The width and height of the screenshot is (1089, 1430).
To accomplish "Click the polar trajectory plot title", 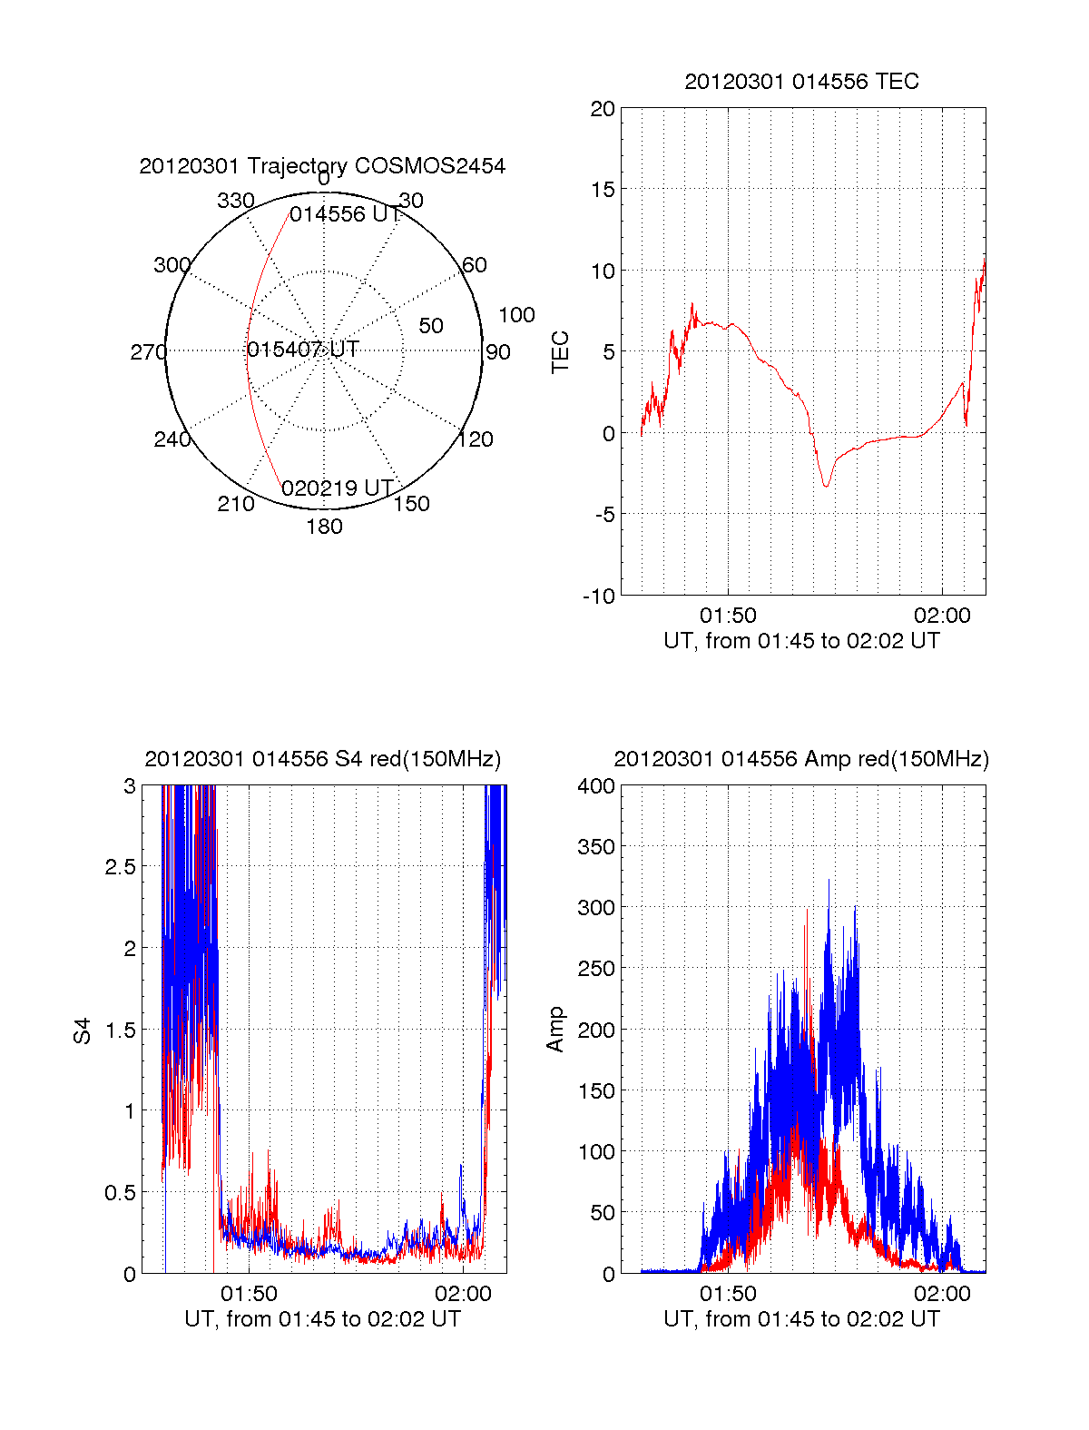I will pos(322,166).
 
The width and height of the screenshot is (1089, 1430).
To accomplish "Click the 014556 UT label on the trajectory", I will pos(345,214).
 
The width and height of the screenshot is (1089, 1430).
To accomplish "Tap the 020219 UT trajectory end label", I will pos(337,488).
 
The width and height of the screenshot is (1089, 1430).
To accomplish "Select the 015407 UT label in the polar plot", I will pos(303,350).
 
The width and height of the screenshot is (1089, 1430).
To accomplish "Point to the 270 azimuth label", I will pos(148,352).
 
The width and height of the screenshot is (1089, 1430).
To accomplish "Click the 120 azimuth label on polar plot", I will pos(476,440).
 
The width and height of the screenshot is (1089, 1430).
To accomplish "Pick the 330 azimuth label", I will pos(235,201).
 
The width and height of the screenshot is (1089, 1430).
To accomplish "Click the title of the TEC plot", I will pos(801,82).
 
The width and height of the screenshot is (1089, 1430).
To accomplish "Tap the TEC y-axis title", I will pos(560,352).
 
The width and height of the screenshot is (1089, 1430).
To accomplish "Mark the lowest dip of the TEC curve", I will pos(826,486).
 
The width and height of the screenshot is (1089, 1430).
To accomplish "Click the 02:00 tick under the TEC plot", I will pos(942,616).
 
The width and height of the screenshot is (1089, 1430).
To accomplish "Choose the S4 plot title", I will pos(322,759).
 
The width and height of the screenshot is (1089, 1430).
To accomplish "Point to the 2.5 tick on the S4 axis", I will pos(121,867).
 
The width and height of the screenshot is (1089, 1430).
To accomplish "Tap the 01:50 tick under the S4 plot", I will pos(249,1293).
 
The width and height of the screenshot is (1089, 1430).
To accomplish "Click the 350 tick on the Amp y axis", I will pos(596,847).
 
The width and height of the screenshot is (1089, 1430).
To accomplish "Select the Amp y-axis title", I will pos(554,1030).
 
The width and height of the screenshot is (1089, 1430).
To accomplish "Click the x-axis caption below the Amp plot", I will pos(801,1319).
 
